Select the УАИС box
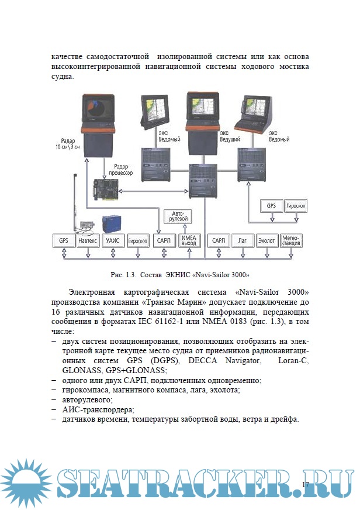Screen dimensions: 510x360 coord(113,240)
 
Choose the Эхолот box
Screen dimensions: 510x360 coord(267,240)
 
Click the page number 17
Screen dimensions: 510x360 coord(305,484)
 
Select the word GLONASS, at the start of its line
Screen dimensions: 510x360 coord(81,370)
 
